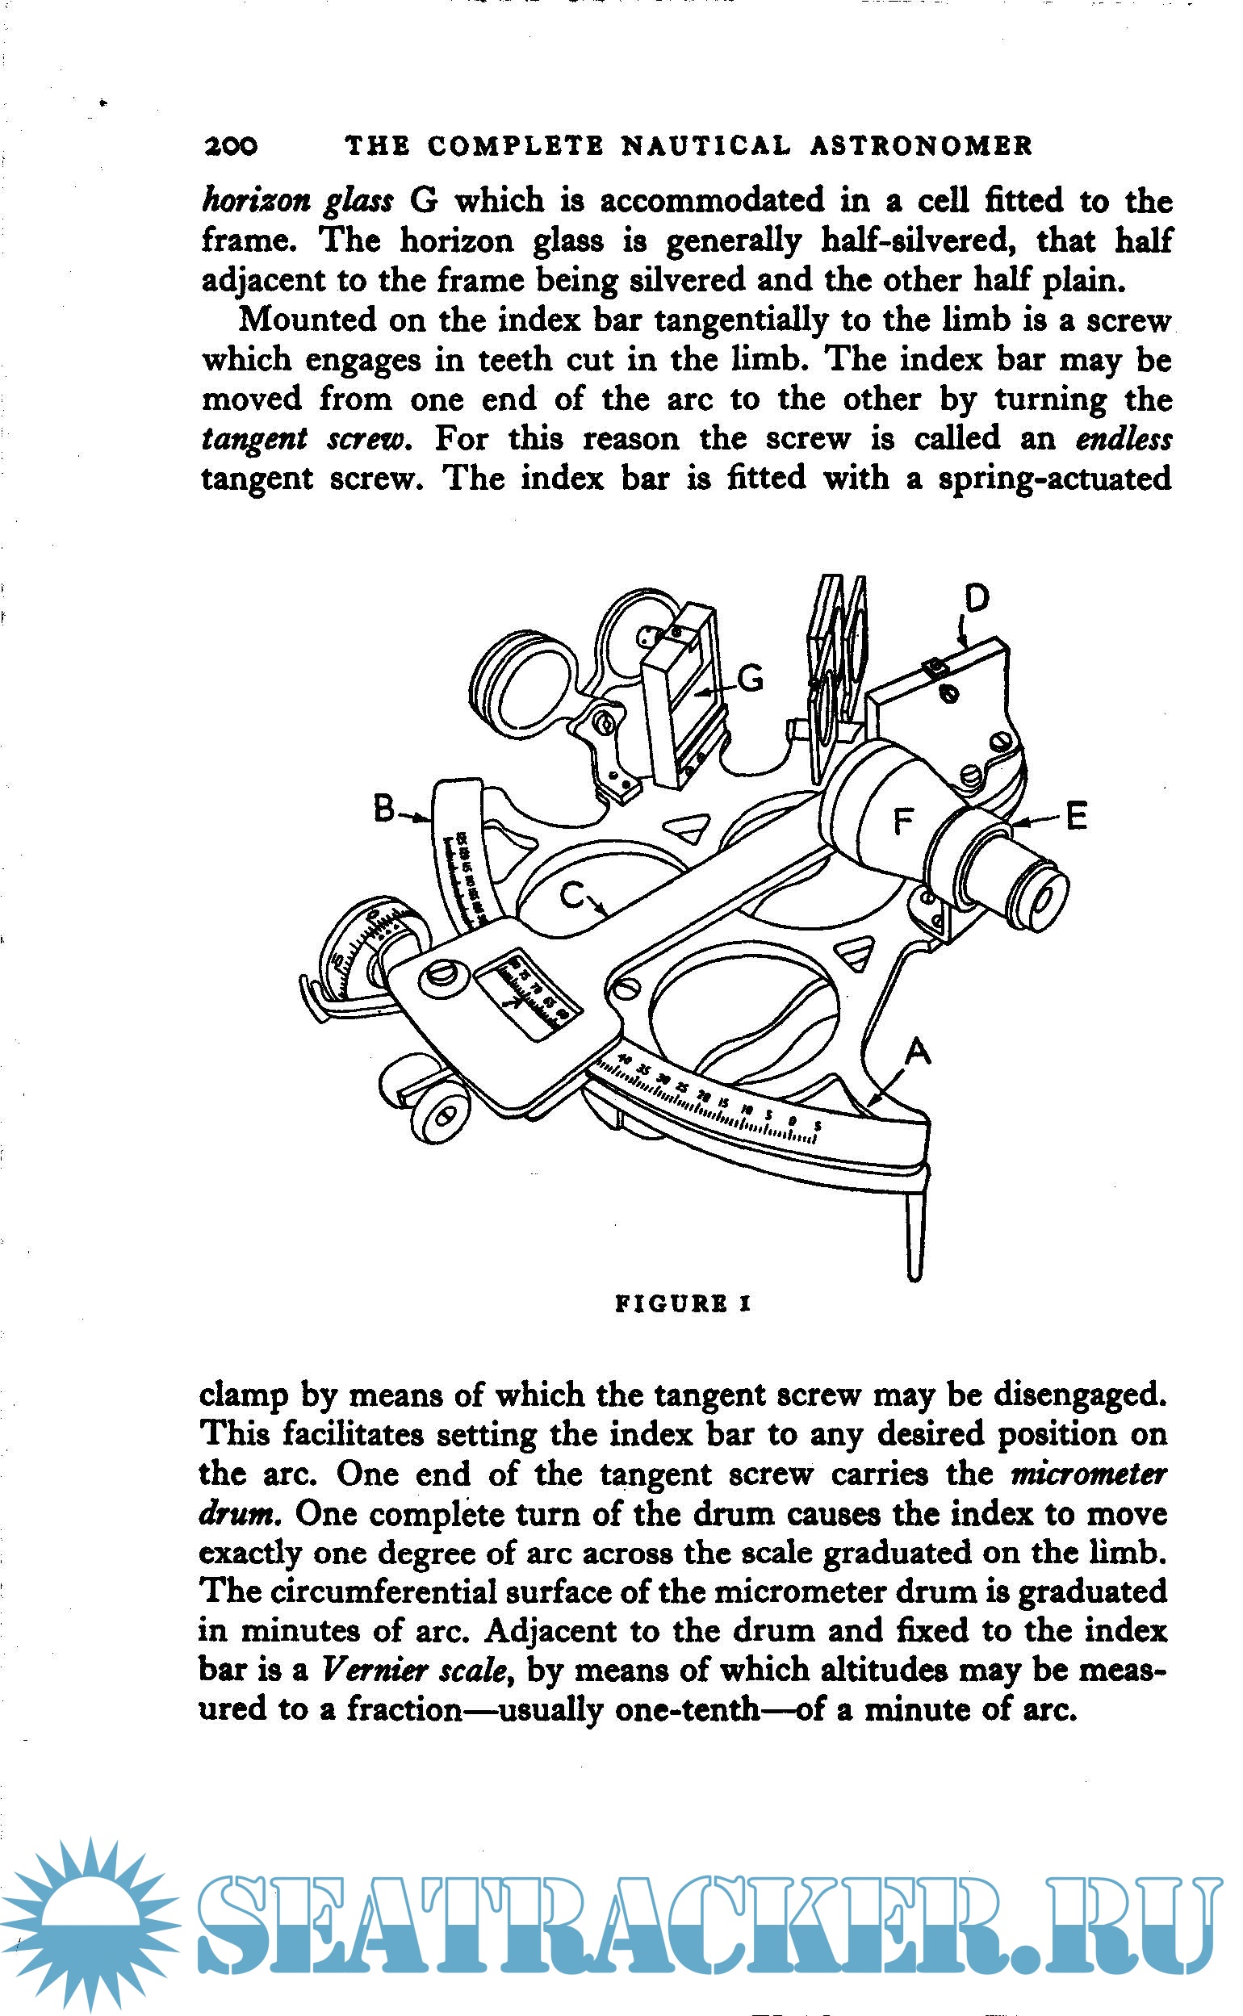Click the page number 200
point(230,146)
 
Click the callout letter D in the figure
point(976,599)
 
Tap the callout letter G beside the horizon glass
point(750,679)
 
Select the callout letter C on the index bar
point(572,894)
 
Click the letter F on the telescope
point(903,820)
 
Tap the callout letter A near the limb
point(918,1051)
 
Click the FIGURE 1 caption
point(683,1303)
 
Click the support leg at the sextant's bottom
point(916,1233)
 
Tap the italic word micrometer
point(1088,1474)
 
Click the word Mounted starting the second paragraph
point(306,319)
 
